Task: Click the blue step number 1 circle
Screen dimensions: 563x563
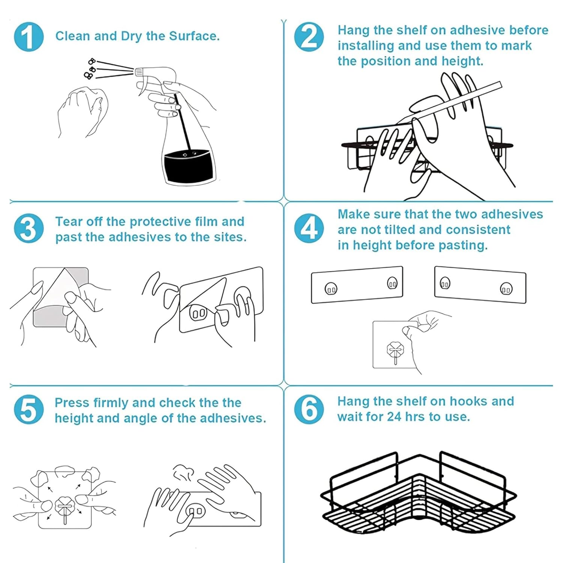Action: click(x=29, y=36)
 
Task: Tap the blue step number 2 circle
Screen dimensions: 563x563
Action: click(x=309, y=36)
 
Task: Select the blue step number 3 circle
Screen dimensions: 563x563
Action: click(x=29, y=229)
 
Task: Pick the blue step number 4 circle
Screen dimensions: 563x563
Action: click(x=309, y=229)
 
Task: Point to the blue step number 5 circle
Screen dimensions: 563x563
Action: click(x=29, y=409)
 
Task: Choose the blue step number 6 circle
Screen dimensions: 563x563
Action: click(x=309, y=409)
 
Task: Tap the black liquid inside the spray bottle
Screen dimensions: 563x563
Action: click(x=189, y=165)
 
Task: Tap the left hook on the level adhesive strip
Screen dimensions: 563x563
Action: click(x=331, y=289)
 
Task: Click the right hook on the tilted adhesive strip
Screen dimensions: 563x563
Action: click(x=506, y=289)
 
